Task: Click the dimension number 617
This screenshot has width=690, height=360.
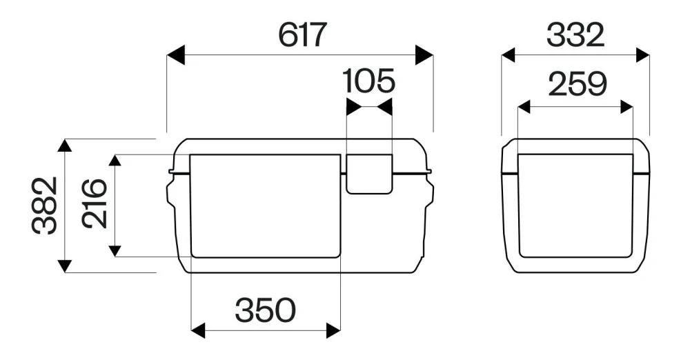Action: tap(302, 34)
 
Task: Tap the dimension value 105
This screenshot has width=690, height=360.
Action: tap(368, 81)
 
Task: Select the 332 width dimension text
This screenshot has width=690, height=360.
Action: tap(575, 35)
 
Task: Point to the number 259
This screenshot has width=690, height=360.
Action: tap(578, 84)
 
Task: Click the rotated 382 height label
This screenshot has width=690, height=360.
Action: tap(44, 205)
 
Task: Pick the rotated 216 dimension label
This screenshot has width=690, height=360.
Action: tap(94, 203)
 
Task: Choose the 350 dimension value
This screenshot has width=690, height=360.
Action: tap(266, 310)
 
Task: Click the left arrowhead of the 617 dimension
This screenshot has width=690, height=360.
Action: tap(176, 54)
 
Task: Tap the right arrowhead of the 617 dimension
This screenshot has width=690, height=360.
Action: tap(424, 54)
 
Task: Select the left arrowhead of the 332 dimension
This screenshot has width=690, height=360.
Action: tap(509, 55)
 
